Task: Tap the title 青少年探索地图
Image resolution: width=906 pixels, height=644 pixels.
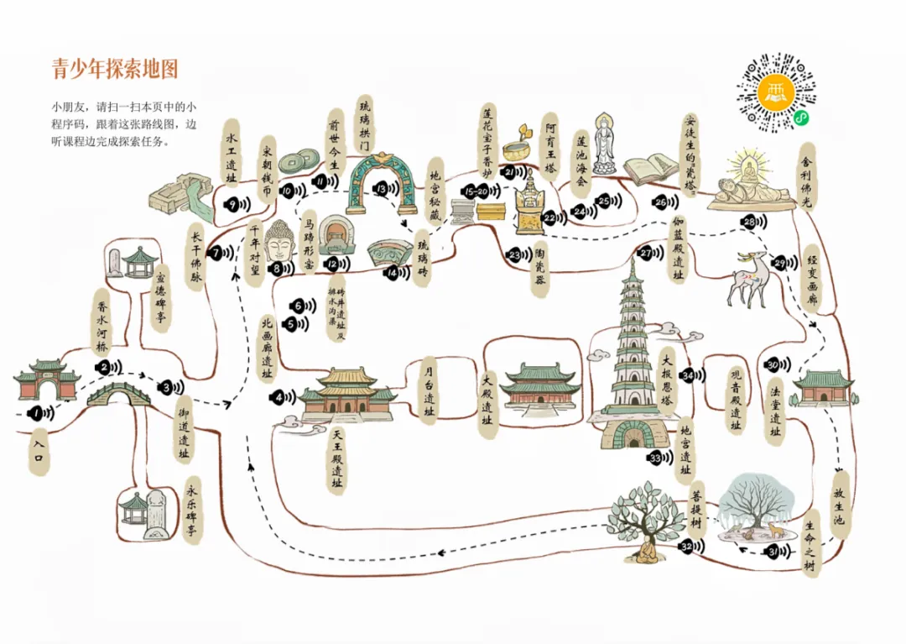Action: (x=115, y=69)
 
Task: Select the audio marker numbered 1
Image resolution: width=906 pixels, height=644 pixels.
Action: (x=38, y=412)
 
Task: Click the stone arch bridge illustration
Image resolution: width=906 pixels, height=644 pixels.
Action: (x=116, y=392)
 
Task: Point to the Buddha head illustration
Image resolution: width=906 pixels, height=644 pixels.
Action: (x=279, y=241)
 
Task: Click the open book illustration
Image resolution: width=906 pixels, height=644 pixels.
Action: (x=650, y=170)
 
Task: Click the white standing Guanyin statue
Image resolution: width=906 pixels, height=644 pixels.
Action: (x=604, y=144)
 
